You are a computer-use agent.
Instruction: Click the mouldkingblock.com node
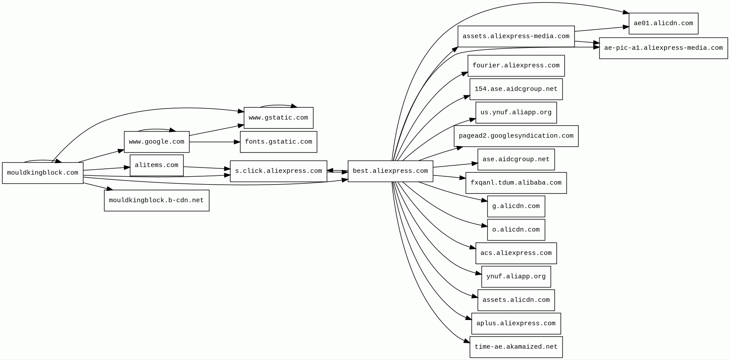tap(43, 173)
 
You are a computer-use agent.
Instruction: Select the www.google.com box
tap(156, 142)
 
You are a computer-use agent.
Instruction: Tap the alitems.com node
tap(156, 165)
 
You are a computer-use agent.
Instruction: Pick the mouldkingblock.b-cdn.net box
tap(156, 200)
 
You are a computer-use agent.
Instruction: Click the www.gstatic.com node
tap(278, 118)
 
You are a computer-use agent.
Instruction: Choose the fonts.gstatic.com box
tap(278, 142)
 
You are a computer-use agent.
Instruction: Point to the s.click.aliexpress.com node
tap(278, 171)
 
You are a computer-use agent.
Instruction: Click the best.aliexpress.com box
tap(390, 171)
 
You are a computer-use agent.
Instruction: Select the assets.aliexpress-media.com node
tap(516, 36)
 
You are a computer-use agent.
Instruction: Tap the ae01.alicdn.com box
tap(663, 23)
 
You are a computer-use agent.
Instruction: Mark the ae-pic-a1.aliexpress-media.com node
tap(663, 48)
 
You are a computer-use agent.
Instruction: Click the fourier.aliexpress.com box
tap(516, 65)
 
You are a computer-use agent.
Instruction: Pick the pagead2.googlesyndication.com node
tap(516, 136)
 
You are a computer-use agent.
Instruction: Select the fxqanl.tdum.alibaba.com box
tap(516, 183)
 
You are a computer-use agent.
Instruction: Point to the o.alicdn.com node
tap(516, 230)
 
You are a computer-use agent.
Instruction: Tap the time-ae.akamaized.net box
tap(516, 347)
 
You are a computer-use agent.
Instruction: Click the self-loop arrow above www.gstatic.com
tap(278, 105)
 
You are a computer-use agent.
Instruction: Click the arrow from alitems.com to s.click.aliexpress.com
tap(207, 167)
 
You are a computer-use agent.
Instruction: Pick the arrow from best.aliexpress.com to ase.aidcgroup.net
tap(455, 165)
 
